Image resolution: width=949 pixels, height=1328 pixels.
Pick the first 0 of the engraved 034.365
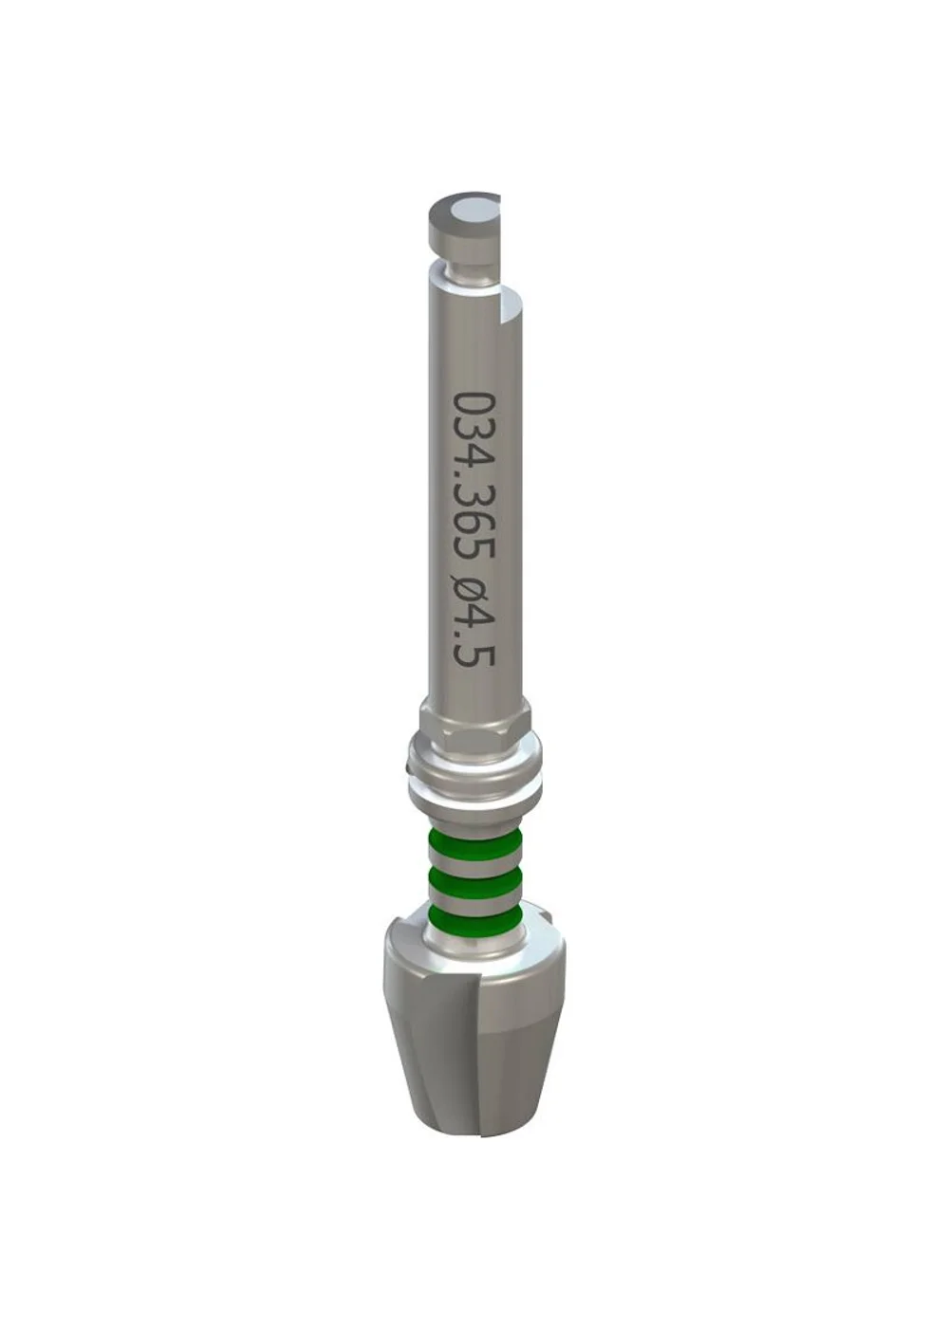474,404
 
